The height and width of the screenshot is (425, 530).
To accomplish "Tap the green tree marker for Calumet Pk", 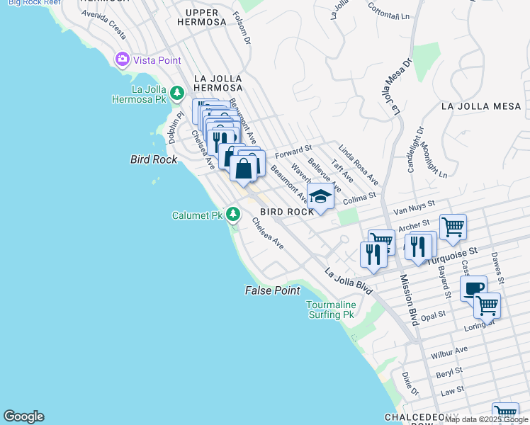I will click(232, 215).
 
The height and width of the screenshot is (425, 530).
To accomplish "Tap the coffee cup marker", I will click(473, 288).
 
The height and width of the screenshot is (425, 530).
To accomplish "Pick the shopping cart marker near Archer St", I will click(453, 227).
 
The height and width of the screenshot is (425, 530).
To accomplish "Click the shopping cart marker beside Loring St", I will click(487, 305).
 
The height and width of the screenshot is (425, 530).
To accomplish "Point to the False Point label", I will click(273, 290).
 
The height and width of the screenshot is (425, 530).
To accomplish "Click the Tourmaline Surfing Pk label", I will click(329, 310).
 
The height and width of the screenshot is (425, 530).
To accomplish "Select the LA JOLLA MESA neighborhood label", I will click(480, 106).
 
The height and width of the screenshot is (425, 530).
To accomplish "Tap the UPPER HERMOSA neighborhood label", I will click(205, 17).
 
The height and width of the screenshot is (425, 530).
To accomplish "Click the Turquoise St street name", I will click(451, 254).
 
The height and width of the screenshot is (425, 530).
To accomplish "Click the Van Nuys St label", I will click(414, 210).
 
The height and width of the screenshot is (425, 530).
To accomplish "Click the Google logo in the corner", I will click(23, 416).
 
